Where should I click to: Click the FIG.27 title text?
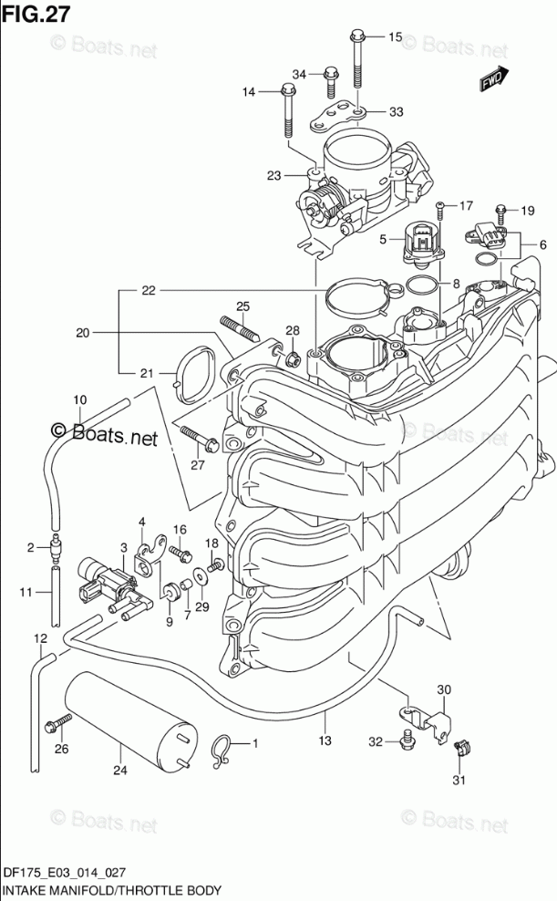click(36, 14)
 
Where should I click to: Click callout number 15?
click(395, 37)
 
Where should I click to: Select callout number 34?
click(299, 74)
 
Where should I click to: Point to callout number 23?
click(273, 175)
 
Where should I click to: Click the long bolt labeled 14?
click(288, 111)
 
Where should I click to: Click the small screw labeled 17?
click(440, 211)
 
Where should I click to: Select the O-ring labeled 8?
click(421, 284)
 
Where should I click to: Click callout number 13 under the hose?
click(325, 740)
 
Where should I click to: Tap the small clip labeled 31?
click(460, 748)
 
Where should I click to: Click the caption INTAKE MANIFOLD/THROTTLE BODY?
click(112, 891)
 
